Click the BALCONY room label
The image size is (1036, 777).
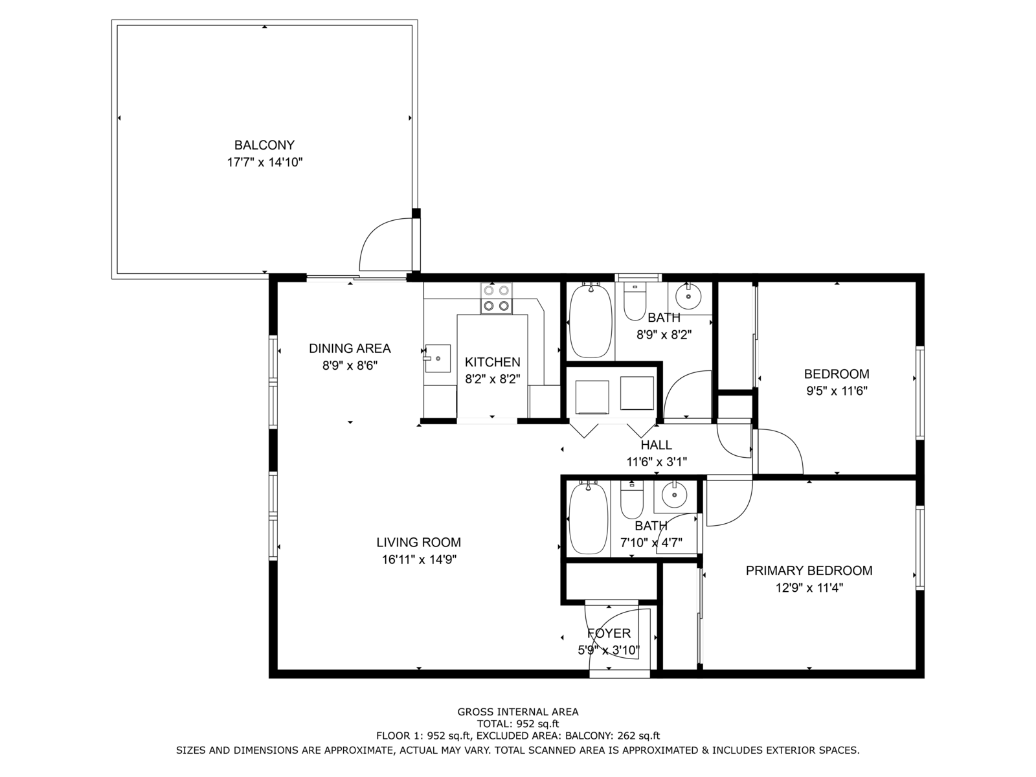(x=264, y=145)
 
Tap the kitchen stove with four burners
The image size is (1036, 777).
(x=496, y=298)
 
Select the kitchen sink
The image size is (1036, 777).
(x=438, y=359)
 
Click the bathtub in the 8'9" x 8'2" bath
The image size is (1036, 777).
(x=590, y=321)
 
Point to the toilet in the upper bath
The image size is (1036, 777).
(x=635, y=300)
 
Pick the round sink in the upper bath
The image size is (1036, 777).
(x=688, y=297)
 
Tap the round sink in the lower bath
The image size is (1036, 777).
(x=674, y=495)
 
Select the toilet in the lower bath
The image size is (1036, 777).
(x=631, y=500)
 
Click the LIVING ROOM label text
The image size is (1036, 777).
(x=419, y=543)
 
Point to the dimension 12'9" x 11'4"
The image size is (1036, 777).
(x=809, y=588)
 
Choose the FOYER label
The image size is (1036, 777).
(x=609, y=633)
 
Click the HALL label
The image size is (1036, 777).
(x=657, y=445)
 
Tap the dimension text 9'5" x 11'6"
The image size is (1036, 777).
(x=837, y=391)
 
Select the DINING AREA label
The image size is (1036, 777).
(x=350, y=348)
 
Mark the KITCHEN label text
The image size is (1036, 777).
(x=492, y=363)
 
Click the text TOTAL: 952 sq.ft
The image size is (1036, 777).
(x=518, y=724)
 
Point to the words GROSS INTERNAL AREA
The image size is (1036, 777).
(x=518, y=712)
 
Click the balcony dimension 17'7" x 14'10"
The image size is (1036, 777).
(x=264, y=163)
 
